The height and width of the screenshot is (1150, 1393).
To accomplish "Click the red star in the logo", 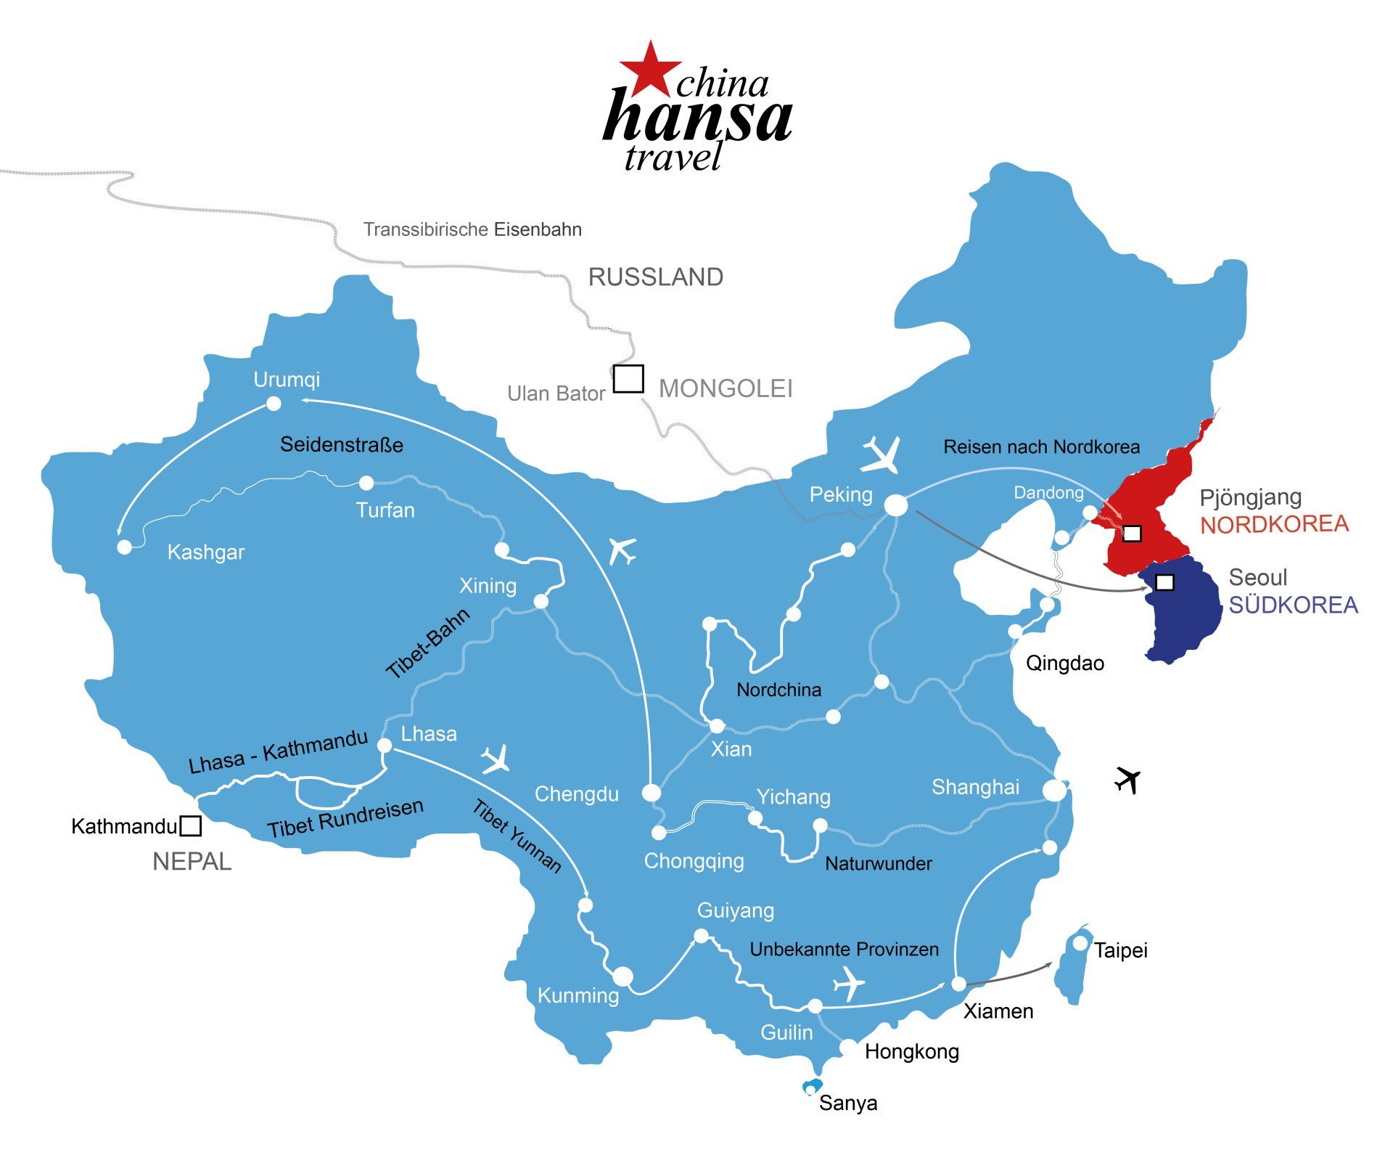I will [x=650, y=70].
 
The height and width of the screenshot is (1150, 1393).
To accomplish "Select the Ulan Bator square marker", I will [x=628, y=378].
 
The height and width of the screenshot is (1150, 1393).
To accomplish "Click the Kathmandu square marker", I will [x=191, y=825].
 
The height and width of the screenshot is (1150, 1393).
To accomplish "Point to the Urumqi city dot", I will [x=274, y=403].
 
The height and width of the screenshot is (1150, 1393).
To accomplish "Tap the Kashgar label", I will [x=206, y=552].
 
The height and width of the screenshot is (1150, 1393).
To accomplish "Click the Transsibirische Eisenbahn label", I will [x=472, y=229].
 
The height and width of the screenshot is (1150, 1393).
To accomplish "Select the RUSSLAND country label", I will [x=655, y=277].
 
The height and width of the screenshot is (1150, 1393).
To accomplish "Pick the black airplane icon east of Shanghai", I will [x=1127, y=780].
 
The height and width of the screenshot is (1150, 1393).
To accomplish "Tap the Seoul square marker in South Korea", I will [x=1164, y=582].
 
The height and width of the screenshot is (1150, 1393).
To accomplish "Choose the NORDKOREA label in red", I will [x=1274, y=524].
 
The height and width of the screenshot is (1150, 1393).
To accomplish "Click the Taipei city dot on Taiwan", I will [x=1080, y=943].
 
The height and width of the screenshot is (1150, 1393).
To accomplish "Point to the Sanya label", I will [x=848, y=1103].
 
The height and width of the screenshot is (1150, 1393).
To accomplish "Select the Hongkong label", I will [x=911, y=1051].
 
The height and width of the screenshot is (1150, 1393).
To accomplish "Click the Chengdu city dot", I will [x=652, y=793].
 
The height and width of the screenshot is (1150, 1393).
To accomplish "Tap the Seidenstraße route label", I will [x=342, y=444].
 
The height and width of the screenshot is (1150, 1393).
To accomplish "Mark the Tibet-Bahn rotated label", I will [x=428, y=643].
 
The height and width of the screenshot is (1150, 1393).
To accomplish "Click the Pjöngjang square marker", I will [x=1132, y=534].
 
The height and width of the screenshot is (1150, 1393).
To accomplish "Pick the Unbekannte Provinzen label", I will [x=844, y=949].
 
